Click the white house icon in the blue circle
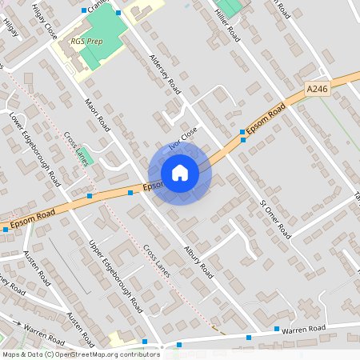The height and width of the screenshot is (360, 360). (180, 173)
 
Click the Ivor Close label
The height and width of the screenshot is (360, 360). (183, 142)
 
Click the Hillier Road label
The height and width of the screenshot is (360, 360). (228, 22)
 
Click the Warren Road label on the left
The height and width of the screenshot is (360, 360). (45, 329)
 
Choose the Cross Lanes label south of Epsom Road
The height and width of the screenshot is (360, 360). (157, 257)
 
